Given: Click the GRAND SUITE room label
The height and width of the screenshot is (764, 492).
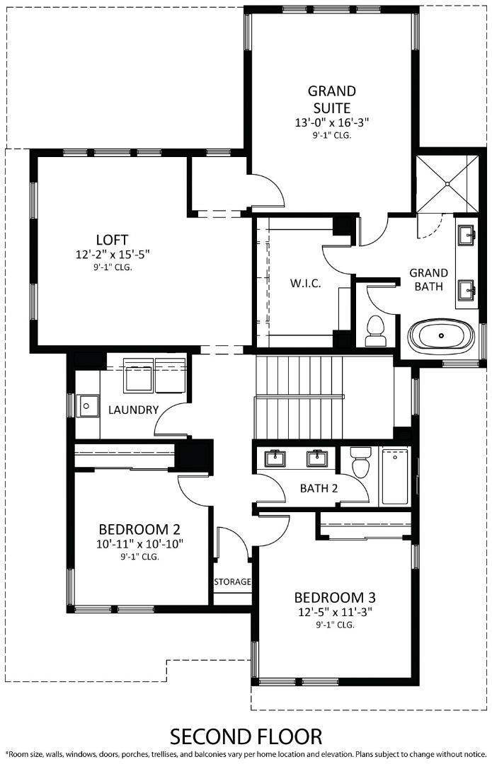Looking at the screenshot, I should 331,100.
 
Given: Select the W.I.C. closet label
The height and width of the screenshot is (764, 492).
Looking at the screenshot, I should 305,284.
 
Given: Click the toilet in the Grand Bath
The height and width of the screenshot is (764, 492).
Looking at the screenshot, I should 374,330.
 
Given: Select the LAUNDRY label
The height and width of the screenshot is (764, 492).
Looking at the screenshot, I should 133,410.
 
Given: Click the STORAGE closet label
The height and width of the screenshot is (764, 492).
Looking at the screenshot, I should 232,581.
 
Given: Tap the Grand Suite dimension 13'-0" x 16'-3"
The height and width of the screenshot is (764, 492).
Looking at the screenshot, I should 332,122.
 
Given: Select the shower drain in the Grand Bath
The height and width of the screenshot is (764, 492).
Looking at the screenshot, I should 447,183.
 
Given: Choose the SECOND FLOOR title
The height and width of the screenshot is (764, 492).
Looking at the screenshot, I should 245,736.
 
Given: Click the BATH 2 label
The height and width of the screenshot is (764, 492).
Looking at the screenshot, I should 319,488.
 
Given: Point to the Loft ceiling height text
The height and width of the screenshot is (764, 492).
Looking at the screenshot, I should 113,267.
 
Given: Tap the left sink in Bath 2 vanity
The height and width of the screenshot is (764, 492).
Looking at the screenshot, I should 275,458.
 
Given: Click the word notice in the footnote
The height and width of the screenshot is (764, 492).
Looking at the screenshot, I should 473,754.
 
